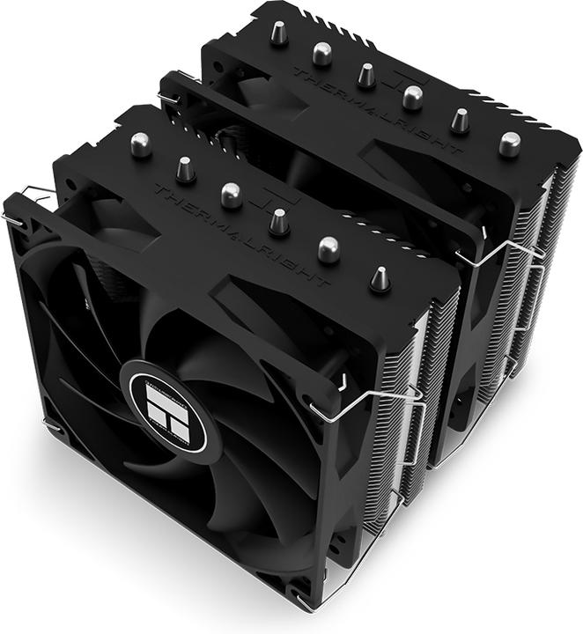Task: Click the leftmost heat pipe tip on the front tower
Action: click(139, 144)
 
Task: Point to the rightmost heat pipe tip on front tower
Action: click(380, 278)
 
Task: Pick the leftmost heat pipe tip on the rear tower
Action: click(278, 33)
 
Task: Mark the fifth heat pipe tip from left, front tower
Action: click(328, 249)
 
